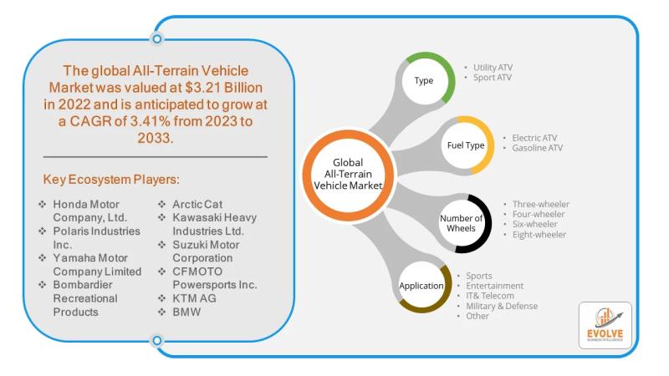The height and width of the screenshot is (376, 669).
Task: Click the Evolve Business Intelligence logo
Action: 605,325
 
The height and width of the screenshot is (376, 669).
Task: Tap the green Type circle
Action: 424,81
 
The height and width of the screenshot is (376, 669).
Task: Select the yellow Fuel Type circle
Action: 465,145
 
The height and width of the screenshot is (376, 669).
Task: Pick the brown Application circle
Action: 422,286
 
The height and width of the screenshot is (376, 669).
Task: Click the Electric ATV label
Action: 534,136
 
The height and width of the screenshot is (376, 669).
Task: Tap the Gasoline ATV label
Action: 539,148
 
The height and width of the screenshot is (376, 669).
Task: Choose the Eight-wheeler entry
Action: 539,235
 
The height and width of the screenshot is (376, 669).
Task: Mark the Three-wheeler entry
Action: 541,204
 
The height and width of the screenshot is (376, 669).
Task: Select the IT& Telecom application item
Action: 490,296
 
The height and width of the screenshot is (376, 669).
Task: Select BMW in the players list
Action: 188,312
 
